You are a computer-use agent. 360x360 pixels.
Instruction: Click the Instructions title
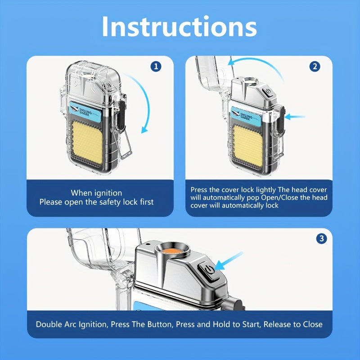(179, 27)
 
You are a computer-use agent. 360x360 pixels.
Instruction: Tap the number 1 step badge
(156, 67)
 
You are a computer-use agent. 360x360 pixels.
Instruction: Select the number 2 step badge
(315, 67)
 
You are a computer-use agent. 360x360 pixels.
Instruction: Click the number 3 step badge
(321, 238)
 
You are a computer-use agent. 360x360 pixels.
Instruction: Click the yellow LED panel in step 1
(87, 143)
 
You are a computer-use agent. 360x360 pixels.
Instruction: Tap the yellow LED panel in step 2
(248, 145)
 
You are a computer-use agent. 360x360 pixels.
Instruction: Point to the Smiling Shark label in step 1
(85, 111)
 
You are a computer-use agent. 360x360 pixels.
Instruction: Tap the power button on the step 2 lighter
(269, 92)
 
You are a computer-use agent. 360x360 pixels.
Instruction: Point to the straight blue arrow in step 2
(295, 117)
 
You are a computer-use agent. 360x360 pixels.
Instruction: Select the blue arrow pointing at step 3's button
(228, 261)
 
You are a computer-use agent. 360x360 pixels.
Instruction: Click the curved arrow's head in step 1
(144, 130)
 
